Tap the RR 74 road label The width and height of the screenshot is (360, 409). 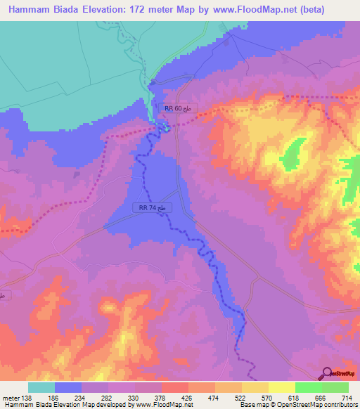151,208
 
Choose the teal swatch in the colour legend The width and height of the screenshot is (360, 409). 41,387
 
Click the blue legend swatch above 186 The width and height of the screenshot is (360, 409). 68,387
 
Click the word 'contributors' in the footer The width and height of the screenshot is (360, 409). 338,405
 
